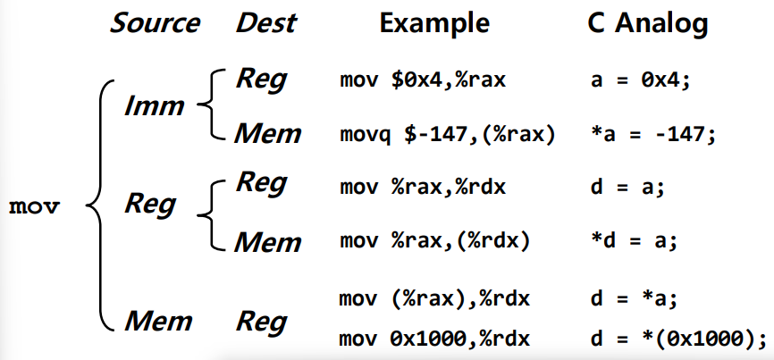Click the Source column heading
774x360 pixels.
pos(155,23)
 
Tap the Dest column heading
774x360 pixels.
pos(266,23)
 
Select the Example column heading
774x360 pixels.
pos(433,23)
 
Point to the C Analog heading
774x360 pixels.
pos(648,23)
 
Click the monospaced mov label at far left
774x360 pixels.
pos(34,207)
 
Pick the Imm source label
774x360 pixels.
pos(155,105)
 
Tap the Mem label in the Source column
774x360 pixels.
pos(158,321)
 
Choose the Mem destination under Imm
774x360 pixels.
pos(267,133)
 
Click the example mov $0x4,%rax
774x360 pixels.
pos(423,80)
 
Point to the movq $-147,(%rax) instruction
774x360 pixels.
pos(447,134)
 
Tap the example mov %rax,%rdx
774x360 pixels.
pos(423,188)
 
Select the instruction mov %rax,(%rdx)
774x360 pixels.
pos(434,242)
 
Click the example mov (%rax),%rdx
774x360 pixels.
pos(434,299)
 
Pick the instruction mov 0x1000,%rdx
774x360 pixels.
pos(434,339)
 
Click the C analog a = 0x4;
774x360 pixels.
pos(640,80)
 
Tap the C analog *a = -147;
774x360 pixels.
pos(652,134)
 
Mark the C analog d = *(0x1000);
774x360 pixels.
pos(677,339)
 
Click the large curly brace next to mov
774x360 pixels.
pos(100,205)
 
